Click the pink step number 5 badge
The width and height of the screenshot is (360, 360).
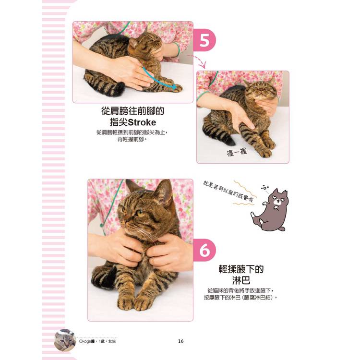(204, 40)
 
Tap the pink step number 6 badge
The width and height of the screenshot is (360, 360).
(204, 250)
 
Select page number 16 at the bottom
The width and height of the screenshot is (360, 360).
(180, 341)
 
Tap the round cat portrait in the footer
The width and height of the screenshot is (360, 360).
(65, 340)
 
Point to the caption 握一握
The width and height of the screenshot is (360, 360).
(237, 152)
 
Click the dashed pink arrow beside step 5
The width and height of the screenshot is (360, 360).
(197, 60)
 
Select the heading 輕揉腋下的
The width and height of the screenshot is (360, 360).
(241, 269)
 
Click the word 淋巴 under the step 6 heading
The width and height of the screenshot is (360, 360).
(241, 280)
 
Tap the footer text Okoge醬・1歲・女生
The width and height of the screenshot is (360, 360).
(97, 341)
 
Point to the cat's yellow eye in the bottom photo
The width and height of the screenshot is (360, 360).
(139, 213)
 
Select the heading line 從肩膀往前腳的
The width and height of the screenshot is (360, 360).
(133, 111)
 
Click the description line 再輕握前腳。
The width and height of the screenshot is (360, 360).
(132, 139)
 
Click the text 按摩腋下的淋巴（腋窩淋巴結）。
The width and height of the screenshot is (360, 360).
(241, 298)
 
